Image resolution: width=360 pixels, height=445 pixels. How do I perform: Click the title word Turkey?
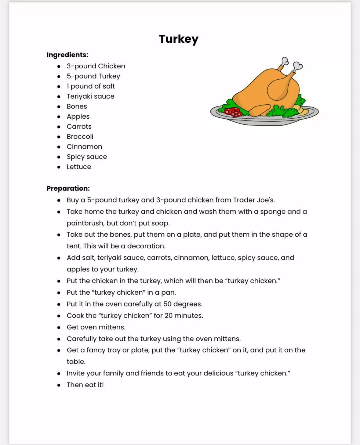coord(179,39)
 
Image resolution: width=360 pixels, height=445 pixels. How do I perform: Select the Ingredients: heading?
coord(67,55)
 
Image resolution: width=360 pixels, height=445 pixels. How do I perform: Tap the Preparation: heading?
coord(68,188)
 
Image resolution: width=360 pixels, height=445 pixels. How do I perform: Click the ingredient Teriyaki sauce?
coord(90,96)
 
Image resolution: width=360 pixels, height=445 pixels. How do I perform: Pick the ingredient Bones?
coord(77,106)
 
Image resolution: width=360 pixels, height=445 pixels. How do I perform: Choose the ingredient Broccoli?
coord(80,137)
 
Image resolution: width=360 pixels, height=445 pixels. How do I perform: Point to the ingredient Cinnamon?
coord(84,147)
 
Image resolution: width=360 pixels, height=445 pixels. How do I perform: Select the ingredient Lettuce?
coord(79,167)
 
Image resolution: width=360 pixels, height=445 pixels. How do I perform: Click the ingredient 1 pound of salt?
coord(91,86)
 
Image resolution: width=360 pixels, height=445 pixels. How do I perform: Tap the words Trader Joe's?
coord(254,200)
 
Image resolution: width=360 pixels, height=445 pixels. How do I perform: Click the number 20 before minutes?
coord(169,316)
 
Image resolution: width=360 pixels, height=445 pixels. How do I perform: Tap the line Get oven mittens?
coord(96,327)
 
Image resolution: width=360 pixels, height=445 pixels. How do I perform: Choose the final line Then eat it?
coord(85,385)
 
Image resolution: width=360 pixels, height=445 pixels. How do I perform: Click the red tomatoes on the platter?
coord(233,112)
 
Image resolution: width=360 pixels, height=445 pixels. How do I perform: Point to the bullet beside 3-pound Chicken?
coord(59,66)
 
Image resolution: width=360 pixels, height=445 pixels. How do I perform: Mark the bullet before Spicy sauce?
coord(59,157)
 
